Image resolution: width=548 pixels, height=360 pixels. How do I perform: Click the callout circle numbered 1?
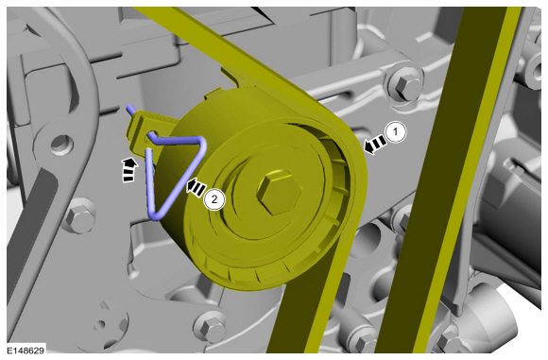[x=396, y=132]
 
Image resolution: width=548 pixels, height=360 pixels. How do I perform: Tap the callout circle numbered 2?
[x=214, y=199]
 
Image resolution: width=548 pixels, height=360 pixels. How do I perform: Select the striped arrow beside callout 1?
[x=375, y=144]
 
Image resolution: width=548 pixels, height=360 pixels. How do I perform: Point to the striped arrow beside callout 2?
[x=197, y=188]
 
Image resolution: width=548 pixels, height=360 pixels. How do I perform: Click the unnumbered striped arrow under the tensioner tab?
[x=128, y=169]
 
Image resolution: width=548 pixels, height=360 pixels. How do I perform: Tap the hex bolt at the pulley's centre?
[x=280, y=192]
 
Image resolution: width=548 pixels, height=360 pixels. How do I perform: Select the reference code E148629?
[x=26, y=350]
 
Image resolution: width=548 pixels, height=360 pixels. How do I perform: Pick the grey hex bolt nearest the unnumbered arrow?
[x=79, y=217]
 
